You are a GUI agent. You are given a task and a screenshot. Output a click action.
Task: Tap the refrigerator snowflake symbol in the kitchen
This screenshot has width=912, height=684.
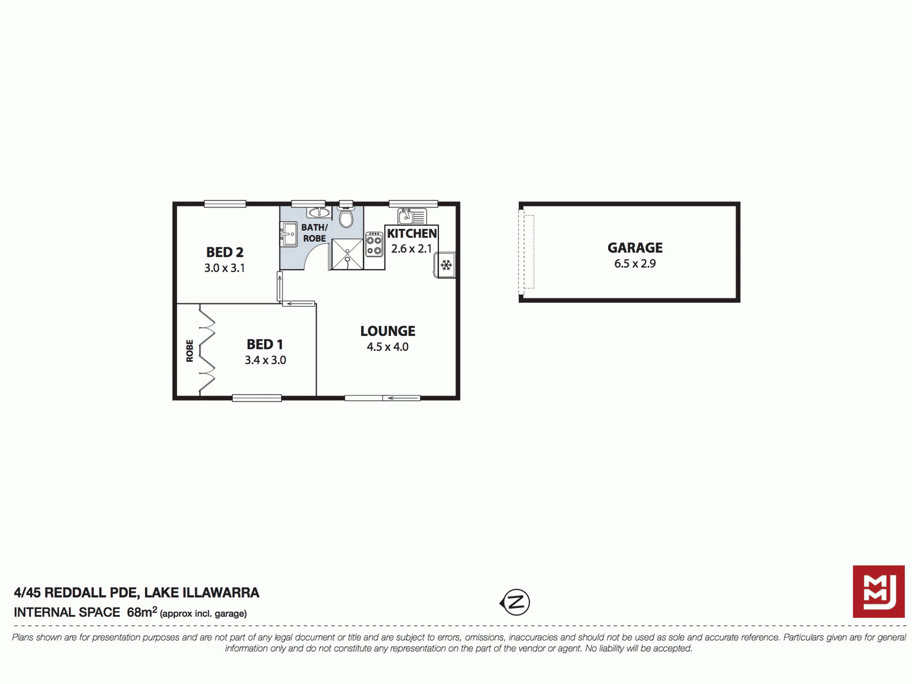click(446, 265)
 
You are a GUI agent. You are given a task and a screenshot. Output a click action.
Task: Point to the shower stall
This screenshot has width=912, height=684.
click(347, 254)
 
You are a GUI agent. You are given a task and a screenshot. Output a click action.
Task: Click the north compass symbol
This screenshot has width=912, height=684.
click(515, 602)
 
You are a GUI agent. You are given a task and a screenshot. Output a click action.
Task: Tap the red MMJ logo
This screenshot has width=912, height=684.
click(878, 591)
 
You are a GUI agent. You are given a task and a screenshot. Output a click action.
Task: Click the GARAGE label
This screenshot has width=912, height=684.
click(635, 248)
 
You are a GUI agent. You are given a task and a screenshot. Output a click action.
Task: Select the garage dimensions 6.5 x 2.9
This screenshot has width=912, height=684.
click(635, 264)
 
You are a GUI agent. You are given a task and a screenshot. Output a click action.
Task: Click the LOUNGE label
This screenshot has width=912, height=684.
click(387, 331)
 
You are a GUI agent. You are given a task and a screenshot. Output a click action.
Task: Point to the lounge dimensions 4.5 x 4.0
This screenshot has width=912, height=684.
click(387, 347)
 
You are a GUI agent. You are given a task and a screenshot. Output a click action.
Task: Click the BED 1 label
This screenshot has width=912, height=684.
click(264, 344)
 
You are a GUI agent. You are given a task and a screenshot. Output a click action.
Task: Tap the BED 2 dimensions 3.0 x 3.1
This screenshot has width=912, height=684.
click(224, 268)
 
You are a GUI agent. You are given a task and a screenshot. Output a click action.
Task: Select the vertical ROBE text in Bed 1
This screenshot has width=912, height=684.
click(190, 350)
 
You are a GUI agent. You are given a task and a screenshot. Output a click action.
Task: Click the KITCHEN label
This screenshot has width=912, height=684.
click(411, 233)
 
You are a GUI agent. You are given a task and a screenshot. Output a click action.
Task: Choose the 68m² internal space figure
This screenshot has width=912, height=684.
click(142, 612)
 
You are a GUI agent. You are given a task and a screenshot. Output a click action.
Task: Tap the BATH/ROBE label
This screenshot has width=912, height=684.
click(314, 233)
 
